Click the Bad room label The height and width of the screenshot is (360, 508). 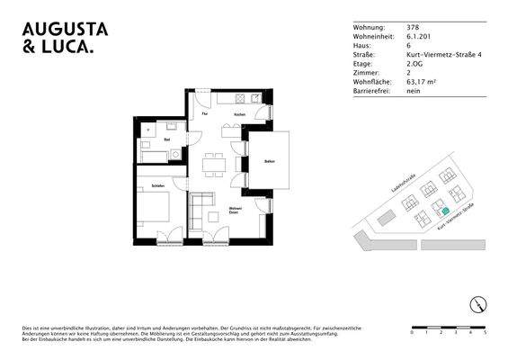(x=167, y=139)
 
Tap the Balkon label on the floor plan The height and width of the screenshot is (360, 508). (x=269, y=160)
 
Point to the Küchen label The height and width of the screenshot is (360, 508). (x=239, y=115)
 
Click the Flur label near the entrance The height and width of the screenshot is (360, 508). (x=205, y=115)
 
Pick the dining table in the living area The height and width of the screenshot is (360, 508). (x=213, y=165)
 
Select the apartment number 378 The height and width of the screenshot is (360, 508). (x=412, y=28)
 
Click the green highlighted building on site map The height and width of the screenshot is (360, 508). (x=442, y=211)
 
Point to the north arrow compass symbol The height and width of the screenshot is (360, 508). (x=480, y=303)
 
